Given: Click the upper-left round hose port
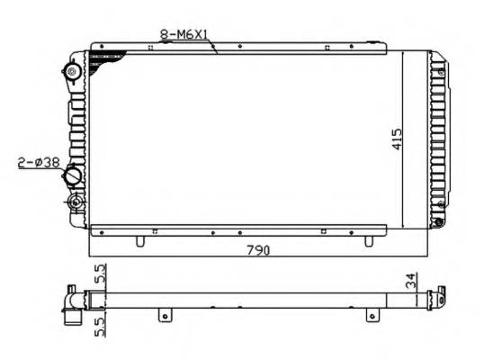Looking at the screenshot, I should point(72,73).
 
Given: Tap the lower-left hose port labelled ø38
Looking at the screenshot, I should point(72,176).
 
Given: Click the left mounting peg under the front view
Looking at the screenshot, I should point(139,241).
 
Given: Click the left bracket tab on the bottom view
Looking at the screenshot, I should point(164,314).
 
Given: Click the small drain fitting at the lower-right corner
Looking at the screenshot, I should point(438,222).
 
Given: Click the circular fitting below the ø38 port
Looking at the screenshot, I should point(73,200).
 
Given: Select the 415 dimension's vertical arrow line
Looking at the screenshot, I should point(405,139).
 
